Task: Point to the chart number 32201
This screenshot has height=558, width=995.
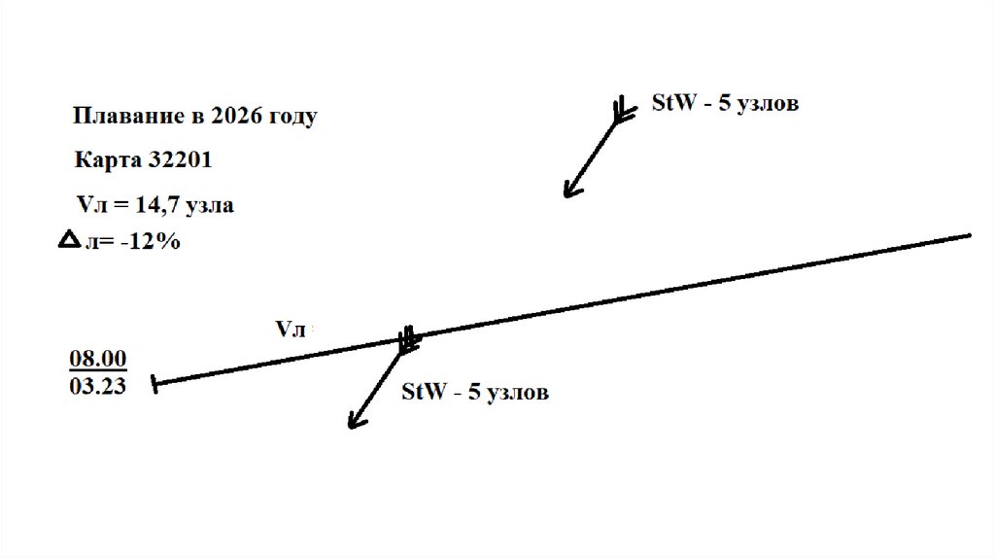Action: [177, 159]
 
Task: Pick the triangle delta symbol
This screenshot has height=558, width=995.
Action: [70, 240]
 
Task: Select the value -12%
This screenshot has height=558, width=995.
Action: [150, 242]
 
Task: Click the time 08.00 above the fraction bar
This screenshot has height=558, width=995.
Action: [97, 360]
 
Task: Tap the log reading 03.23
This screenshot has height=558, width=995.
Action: [97, 385]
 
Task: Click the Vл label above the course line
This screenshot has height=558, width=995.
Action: [292, 329]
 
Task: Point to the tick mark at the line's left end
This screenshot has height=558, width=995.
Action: [154, 385]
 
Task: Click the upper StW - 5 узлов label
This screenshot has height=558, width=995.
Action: [724, 103]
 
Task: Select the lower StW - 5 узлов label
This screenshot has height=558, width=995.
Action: [475, 392]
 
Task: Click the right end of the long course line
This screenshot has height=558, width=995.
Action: [969, 235]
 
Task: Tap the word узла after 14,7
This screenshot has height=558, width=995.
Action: [211, 205]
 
